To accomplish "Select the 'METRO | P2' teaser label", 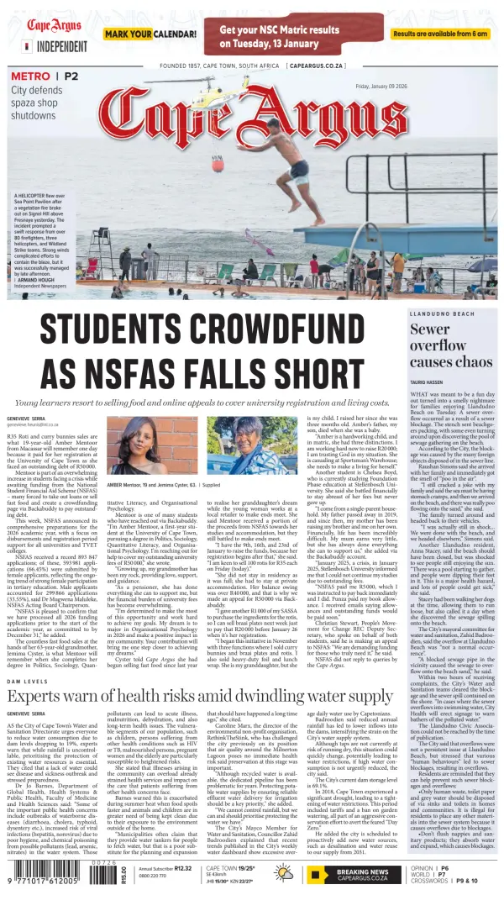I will pos(44,76).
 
